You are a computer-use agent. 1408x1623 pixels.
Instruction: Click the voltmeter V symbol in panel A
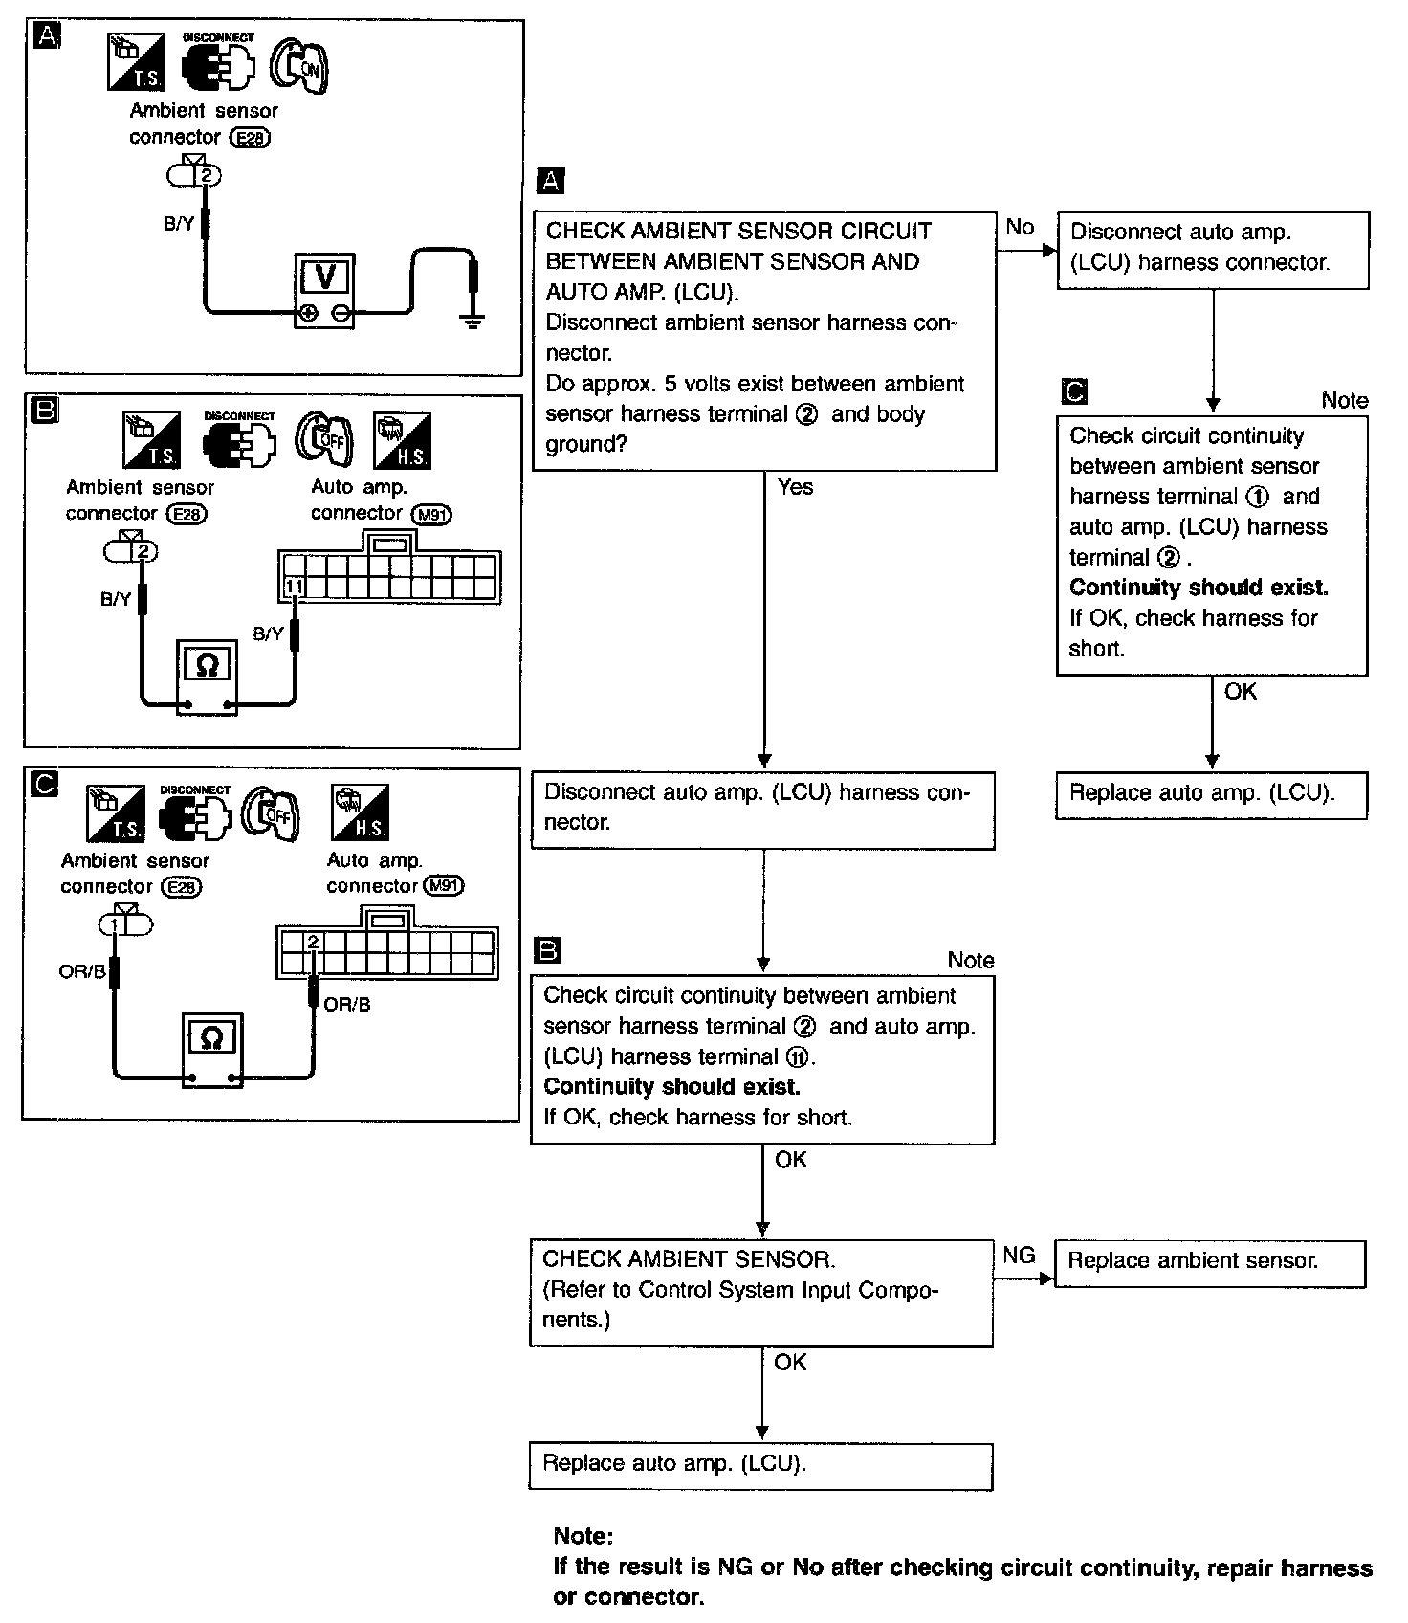tap(325, 278)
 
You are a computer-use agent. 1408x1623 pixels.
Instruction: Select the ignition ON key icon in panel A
tap(299, 67)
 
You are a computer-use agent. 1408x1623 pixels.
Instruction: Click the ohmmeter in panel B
tap(208, 664)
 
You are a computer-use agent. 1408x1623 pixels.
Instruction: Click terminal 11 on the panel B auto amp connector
tap(295, 587)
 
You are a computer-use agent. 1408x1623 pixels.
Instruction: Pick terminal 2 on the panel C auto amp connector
tap(312, 943)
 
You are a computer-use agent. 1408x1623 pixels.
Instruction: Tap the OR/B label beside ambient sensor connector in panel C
tap(82, 971)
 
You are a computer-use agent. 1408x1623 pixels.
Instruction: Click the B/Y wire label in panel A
tap(179, 224)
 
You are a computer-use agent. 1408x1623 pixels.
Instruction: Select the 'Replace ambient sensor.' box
tap(1209, 1262)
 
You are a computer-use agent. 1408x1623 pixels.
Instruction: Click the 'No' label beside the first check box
tap(1020, 228)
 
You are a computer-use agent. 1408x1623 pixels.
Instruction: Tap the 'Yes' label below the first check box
tap(795, 487)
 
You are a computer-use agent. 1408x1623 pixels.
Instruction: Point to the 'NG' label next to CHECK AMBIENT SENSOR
tap(1019, 1255)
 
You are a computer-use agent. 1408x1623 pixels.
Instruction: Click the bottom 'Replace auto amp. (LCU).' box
tap(760, 1465)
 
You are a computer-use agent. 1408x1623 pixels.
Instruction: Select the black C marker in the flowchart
tap(1074, 391)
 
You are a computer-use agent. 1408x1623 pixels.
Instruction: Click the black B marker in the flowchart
tap(548, 950)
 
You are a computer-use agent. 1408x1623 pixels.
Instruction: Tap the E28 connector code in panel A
tap(253, 138)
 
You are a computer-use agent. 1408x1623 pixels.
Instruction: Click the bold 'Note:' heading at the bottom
tap(583, 1537)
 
